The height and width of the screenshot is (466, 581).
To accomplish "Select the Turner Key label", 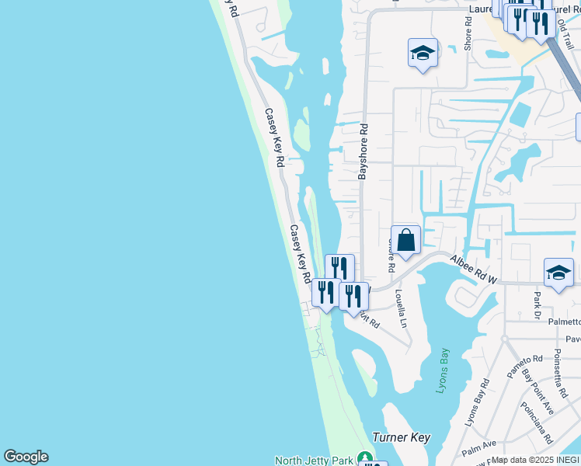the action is tap(401, 437).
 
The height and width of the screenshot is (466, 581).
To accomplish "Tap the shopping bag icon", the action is tap(405, 240).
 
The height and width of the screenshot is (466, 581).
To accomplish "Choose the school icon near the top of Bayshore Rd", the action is tap(422, 54).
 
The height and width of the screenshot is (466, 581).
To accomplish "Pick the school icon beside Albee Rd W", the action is tap(558, 273).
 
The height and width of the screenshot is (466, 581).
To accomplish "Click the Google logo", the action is tap(26, 457).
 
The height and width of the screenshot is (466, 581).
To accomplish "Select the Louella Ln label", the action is tap(400, 308).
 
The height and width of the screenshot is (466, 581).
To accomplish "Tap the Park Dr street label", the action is tap(536, 304).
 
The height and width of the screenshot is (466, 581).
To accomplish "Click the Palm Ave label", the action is tap(478, 448).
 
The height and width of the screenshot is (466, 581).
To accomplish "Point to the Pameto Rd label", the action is tap(525, 366).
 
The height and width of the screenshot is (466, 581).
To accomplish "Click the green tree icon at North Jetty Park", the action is tap(364, 459).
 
